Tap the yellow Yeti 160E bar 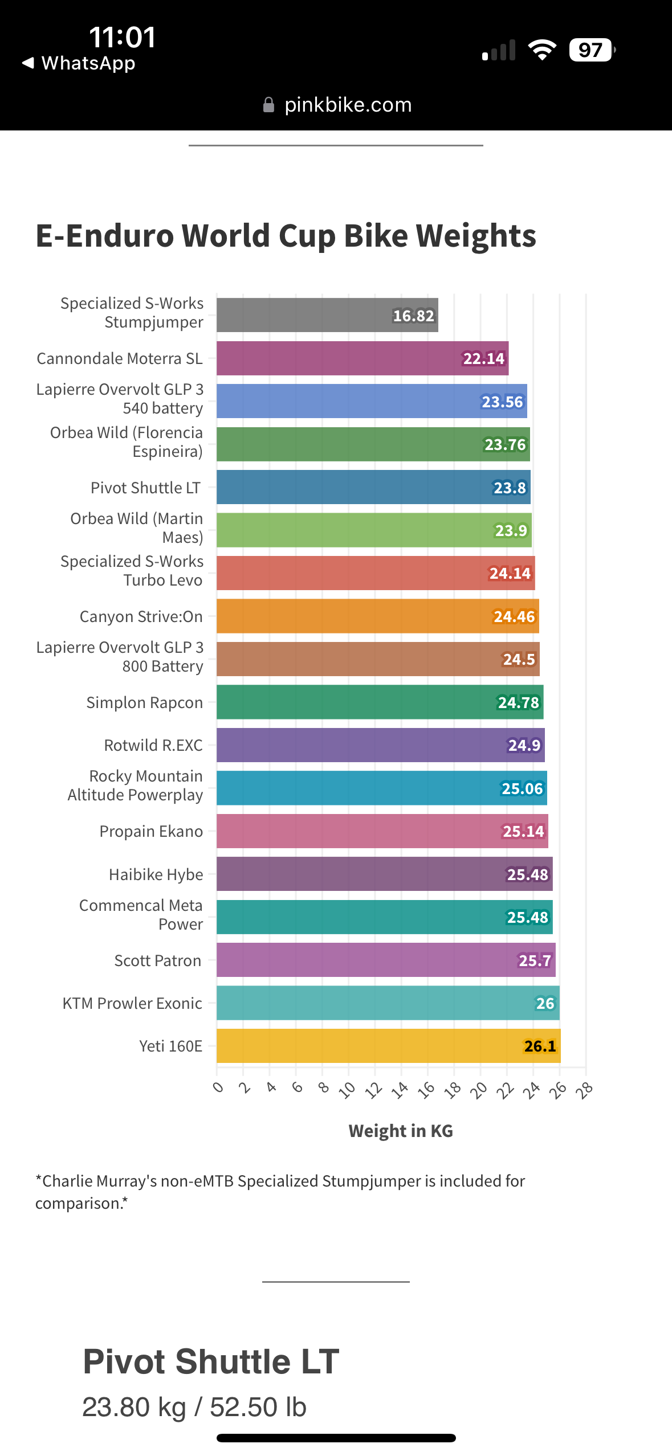pos(388,1046)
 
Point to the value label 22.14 pos(483,358)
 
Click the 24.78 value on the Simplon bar pos(518,702)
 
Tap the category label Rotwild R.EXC pos(153,745)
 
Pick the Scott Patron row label pos(158,960)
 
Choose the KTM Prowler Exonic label pos(132,1003)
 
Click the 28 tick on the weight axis pos(585,1090)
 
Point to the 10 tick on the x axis pos(347,1090)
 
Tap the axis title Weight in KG pos(401,1131)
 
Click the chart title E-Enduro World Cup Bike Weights pos(286,235)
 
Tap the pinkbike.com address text pos(348,105)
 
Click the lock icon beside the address pos(268,105)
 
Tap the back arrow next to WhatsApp pos(28,63)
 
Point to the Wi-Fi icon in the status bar pos(542,50)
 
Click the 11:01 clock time pos(123,38)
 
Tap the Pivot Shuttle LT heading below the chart pos(211,1361)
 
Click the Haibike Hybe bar pos(384,874)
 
